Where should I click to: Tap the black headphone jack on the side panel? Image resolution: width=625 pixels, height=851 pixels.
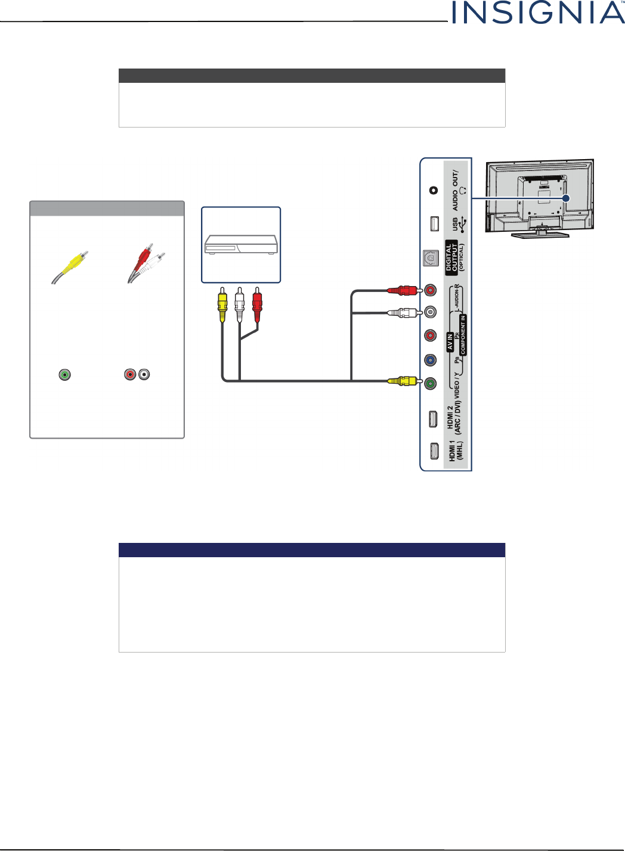tap(434, 190)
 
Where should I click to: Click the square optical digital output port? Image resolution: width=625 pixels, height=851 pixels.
tap(431, 258)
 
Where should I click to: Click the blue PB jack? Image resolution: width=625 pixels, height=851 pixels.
tap(431, 360)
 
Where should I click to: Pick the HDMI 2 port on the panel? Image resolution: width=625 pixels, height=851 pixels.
tap(433, 419)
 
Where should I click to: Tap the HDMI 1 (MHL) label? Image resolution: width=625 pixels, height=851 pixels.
tap(455, 451)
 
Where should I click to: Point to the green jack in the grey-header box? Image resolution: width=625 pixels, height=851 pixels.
tap(65, 375)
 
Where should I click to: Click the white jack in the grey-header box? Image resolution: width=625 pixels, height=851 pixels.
tap(144, 375)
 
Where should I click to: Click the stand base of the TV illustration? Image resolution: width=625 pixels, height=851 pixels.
tap(539, 235)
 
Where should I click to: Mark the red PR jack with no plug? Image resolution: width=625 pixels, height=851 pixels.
tap(431, 336)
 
